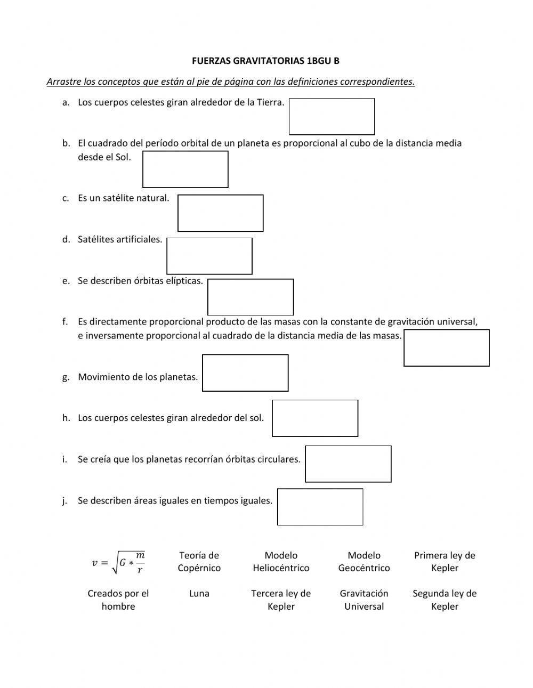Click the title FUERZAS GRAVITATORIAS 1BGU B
coord(265,61)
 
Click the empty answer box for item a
coord(332,117)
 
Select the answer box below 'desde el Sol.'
coord(185,169)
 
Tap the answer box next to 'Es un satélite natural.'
coord(220,213)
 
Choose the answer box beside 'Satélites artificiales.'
coord(209,256)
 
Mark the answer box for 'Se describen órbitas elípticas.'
coord(251,297)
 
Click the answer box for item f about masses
coord(446,348)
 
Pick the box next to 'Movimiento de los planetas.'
coord(245,373)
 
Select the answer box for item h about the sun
coord(315,418)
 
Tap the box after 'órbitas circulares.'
coord(348,464)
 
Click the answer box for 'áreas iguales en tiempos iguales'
coord(320,507)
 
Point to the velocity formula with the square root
coord(118,562)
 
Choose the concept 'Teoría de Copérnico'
coord(199,562)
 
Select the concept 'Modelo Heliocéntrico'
coord(281,562)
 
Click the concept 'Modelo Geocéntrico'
coord(364,562)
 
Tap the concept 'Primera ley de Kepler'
coord(445,562)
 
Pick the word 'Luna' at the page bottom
coord(199,594)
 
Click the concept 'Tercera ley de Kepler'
coord(281,600)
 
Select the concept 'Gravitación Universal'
coord(364,600)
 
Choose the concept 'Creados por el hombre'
coord(118,600)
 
